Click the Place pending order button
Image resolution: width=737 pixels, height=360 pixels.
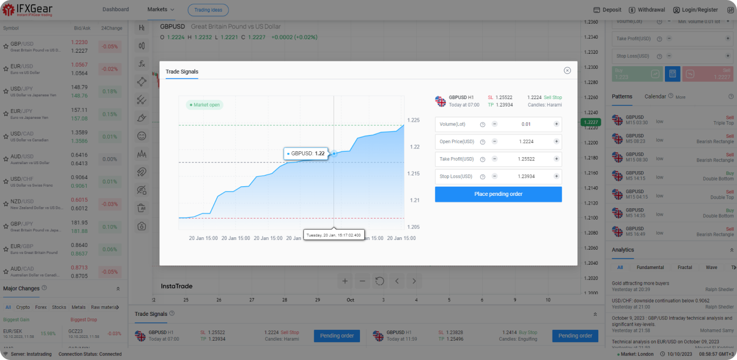tap(498, 194)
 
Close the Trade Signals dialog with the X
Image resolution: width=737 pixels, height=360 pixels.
tap(567, 70)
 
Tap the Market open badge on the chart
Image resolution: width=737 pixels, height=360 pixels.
tap(204, 105)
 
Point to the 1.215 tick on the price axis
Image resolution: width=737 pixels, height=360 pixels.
tap(413, 173)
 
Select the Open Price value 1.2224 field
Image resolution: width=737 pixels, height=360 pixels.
tap(526, 142)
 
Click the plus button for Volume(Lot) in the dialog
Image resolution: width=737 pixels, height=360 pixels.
tap(556, 124)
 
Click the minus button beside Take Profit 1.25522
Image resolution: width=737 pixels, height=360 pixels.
tap(494, 159)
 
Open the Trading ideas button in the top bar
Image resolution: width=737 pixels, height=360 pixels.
tap(208, 10)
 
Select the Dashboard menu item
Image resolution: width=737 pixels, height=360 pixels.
tap(116, 10)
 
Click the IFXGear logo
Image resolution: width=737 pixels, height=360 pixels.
tap(26, 10)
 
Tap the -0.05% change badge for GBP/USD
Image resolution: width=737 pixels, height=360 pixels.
tap(110, 47)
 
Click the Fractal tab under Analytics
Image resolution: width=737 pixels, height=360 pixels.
tap(685, 267)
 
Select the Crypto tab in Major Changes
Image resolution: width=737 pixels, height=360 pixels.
tap(23, 307)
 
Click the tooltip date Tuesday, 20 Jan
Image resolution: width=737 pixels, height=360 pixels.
tap(334, 235)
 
